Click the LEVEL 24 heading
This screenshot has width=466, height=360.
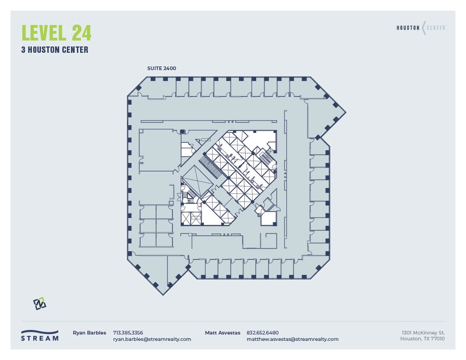[56, 33]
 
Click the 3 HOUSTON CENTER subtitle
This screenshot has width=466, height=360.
[55, 50]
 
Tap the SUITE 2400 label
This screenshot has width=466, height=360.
[161, 68]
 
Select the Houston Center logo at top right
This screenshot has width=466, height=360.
[421, 28]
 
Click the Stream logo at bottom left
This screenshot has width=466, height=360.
[40, 335]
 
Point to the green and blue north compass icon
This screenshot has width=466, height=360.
[40, 304]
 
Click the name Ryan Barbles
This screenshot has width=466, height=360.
[89, 333]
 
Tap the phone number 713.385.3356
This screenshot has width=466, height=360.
[128, 333]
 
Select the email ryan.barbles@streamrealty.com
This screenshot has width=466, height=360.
[152, 339]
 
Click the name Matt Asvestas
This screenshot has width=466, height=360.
[223, 333]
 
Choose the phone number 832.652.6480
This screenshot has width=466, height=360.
[263, 333]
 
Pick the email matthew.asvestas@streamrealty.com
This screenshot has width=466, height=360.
[292, 339]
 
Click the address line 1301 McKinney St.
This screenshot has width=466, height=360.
[423, 333]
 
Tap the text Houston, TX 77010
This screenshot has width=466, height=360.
[422, 339]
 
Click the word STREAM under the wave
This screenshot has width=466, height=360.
[40, 339]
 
